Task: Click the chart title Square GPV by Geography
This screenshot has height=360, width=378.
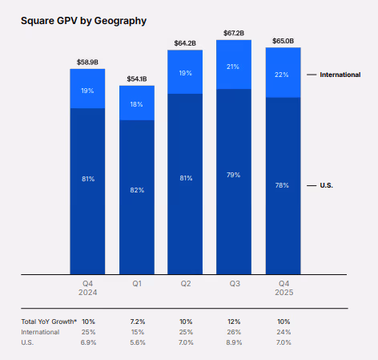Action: [83, 20]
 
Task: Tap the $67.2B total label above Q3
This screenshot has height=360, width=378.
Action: [234, 33]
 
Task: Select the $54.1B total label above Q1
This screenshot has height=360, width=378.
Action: [136, 79]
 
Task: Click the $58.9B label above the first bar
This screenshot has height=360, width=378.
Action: [87, 61]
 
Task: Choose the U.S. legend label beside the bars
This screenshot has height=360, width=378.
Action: [326, 185]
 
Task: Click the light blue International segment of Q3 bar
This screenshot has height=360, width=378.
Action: [234, 65]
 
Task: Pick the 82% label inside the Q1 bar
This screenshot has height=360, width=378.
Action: [136, 189]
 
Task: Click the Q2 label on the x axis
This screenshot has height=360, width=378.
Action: [185, 283]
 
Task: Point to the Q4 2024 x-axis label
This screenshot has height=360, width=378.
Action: [87, 287]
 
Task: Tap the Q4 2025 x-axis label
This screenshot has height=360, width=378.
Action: [283, 287]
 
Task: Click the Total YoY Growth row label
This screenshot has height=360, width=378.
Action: [49, 321]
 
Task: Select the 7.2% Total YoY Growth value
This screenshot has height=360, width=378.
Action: [136, 321]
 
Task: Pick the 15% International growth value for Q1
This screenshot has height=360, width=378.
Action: [136, 331]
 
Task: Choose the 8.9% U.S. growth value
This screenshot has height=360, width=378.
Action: [234, 342]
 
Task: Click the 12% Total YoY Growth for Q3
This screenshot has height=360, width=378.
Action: [234, 321]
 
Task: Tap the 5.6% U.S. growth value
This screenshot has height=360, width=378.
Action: [136, 342]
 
